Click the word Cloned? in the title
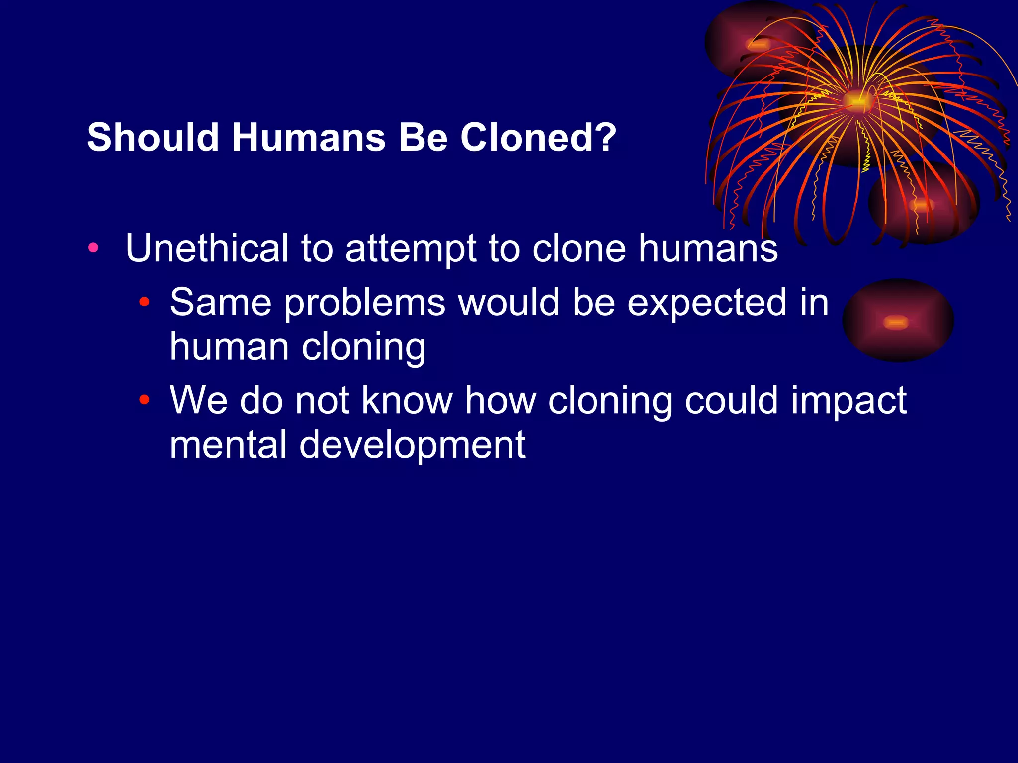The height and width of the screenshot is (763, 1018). [x=538, y=137]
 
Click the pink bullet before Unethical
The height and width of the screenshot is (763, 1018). [x=93, y=247]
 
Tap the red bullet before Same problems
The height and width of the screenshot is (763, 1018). [x=144, y=301]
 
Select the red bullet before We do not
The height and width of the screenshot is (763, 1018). [x=144, y=399]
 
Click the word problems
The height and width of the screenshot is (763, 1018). [x=364, y=303]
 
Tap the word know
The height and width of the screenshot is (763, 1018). [x=407, y=400]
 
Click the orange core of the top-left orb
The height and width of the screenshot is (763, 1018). [x=759, y=45]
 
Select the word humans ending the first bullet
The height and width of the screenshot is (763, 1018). [x=708, y=248]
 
